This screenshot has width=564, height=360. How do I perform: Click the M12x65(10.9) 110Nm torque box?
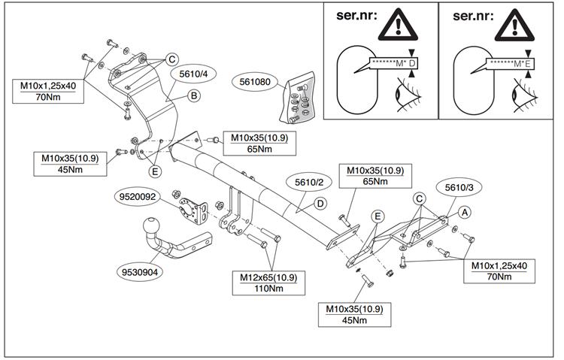tap(268, 283)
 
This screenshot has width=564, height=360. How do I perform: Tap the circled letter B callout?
tap(193, 95)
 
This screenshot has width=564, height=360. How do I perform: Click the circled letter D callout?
tap(320, 203)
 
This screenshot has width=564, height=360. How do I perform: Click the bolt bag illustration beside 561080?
tap(300, 100)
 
